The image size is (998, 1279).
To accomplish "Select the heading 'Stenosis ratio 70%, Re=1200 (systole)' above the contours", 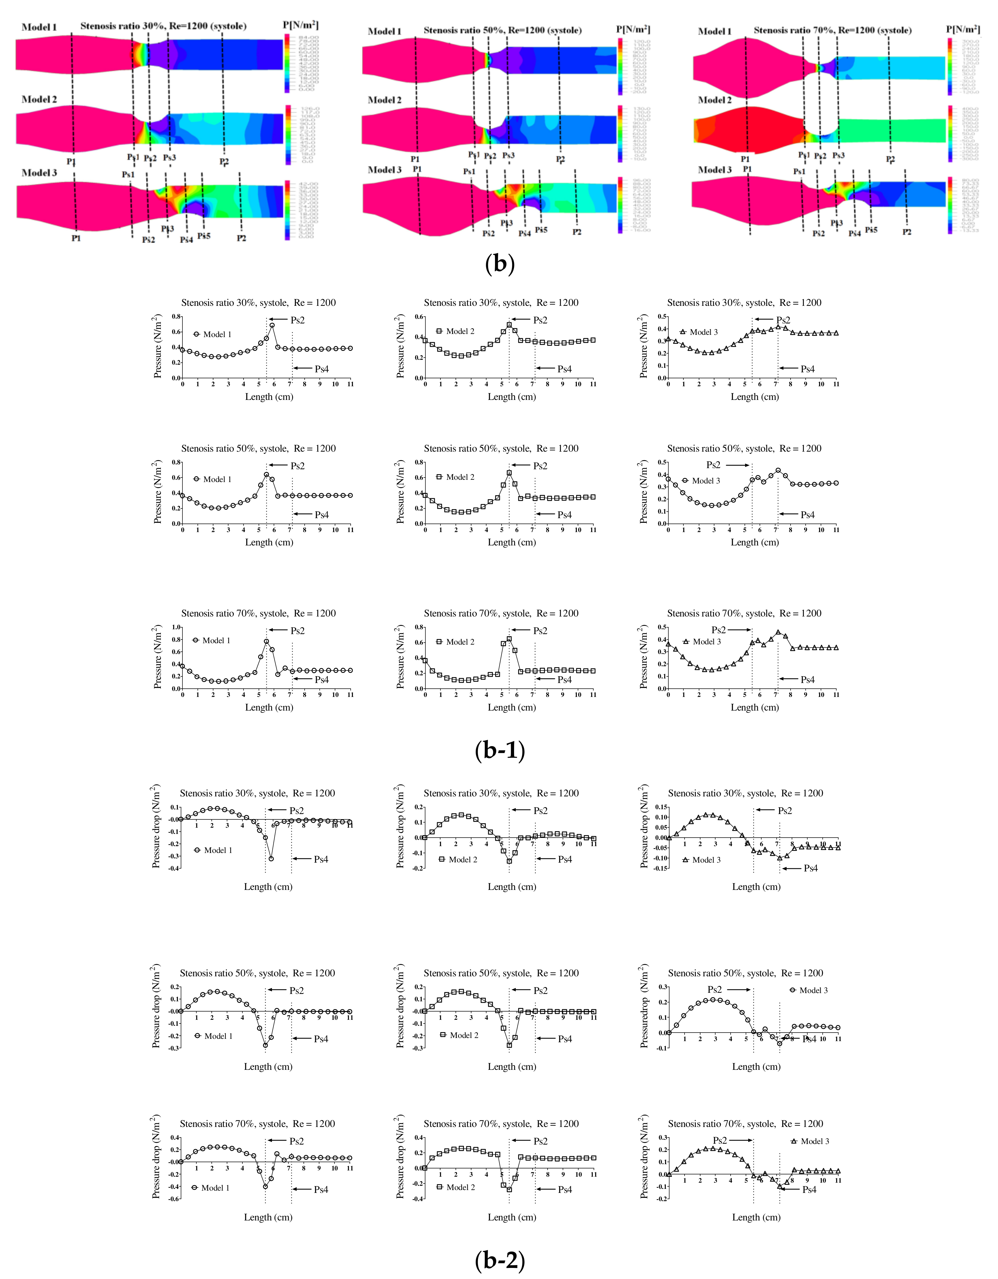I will tap(832, 30).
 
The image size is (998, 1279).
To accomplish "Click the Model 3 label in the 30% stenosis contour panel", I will tap(39, 173).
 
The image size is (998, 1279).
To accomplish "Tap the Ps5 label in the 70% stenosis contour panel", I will tap(871, 230).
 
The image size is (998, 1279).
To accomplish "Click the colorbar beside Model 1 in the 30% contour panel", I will tap(287, 63).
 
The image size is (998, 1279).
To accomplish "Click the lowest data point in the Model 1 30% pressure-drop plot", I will tap(271, 859).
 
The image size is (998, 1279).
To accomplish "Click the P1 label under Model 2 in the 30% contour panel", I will tap(71, 161).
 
